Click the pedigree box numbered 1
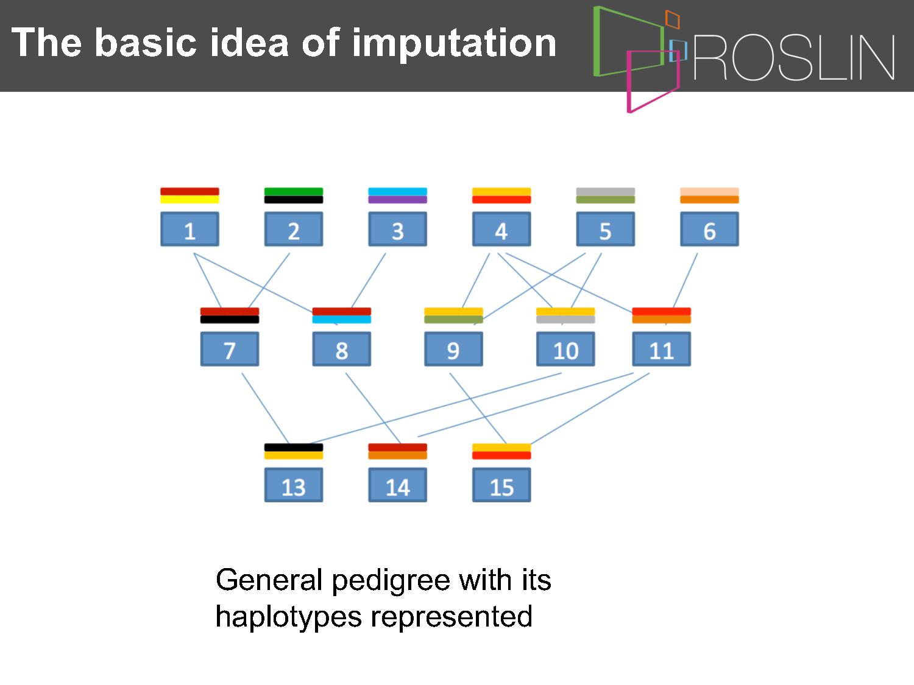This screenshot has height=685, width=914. point(190,229)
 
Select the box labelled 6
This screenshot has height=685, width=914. point(709,229)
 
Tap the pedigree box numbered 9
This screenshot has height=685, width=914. point(453,349)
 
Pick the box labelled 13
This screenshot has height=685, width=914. point(294,485)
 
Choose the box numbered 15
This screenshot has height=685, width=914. point(501,485)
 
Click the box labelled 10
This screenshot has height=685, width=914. point(565,349)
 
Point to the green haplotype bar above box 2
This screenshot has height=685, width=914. point(294,192)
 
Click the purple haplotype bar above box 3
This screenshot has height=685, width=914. point(398,200)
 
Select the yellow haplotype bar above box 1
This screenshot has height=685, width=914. point(190,200)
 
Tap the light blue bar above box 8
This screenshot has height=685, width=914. point(341,320)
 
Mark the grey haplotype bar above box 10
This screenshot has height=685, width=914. point(565,320)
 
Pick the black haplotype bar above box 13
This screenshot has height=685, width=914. point(294,448)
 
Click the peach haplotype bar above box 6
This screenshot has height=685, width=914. point(709,192)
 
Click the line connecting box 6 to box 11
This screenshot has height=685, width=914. point(685,280)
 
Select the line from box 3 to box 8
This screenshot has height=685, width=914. point(369,280)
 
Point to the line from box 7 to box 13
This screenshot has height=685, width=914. point(265,409)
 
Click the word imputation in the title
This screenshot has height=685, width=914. point(454,43)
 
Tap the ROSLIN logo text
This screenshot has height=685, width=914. point(794,57)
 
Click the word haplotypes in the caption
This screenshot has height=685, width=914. point(289,617)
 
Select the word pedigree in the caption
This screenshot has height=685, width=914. point(391,581)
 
